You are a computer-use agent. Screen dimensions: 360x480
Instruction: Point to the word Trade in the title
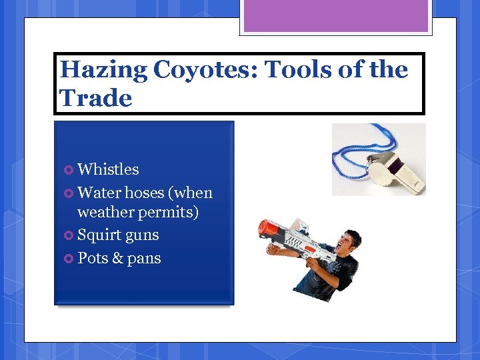pyautogui.click(x=96, y=98)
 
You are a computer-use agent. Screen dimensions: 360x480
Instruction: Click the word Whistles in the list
pyautogui.click(x=108, y=169)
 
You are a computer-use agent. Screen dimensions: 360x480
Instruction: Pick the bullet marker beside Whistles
pyautogui.click(x=69, y=170)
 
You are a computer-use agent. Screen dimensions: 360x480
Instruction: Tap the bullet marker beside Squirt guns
pyautogui.click(x=69, y=235)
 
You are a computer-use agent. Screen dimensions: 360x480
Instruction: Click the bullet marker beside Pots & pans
pyautogui.click(x=69, y=259)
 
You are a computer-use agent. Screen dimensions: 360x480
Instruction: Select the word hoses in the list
pyautogui.click(x=144, y=193)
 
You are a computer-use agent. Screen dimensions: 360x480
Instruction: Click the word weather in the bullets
pyautogui.click(x=105, y=213)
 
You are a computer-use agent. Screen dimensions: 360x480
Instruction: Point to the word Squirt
pyautogui.click(x=99, y=235)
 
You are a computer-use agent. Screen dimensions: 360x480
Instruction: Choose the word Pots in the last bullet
pyautogui.click(x=93, y=258)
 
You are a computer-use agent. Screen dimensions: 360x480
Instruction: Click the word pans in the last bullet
pyautogui.click(x=144, y=259)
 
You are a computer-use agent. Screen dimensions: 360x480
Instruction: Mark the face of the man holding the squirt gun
pyautogui.click(x=346, y=243)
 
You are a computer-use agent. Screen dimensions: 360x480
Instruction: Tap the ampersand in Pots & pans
pyautogui.click(x=117, y=258)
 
